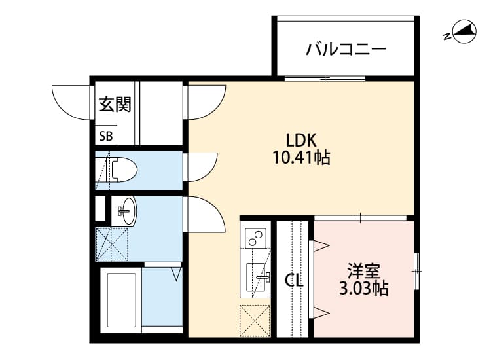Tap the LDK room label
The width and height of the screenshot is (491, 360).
pos(301,140)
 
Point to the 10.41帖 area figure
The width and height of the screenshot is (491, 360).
pos(301,158)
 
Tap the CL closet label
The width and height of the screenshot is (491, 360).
pos(294,281)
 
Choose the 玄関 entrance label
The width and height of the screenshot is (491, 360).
pos(115,105)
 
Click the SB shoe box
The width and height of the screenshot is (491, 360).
pos(105,136)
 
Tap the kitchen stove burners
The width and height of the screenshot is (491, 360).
pos(255,236)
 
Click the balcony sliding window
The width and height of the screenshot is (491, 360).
pos(325,79)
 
